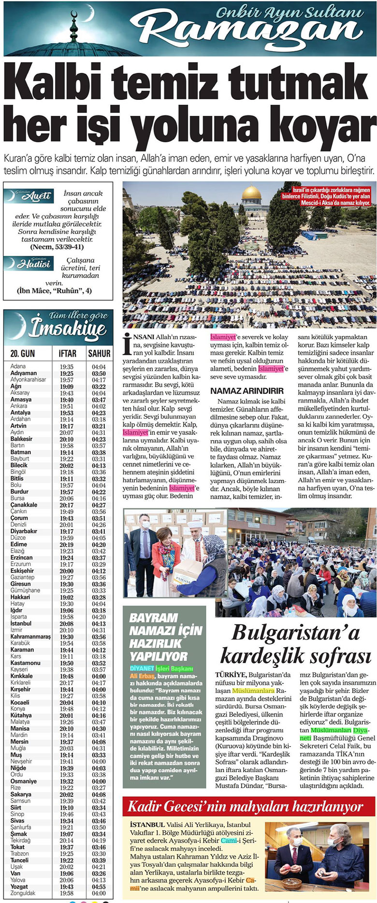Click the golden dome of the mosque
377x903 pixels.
(x=251, y=194)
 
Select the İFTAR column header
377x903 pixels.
(x=68, y=354)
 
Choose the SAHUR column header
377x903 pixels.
(x=99, y=354)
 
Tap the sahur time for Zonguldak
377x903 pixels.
(x=99, y=893)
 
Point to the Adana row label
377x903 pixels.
(x=18, y=367)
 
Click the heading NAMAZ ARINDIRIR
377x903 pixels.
(x=247, y=390)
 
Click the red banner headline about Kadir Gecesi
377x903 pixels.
(x=245, y=806)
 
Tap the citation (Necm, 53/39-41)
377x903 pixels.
(x=57, y=247)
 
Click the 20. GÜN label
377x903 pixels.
(x=23, y=354)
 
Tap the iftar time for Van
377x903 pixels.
(x=67, y=874)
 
